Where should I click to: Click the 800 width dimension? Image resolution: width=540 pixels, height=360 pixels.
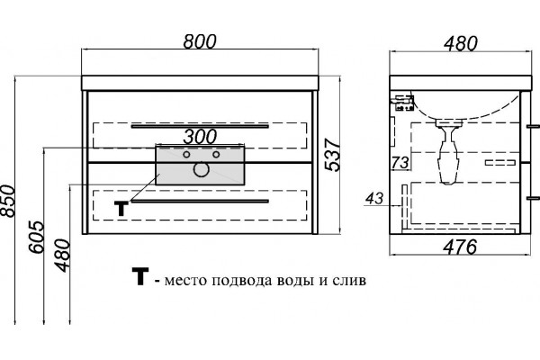click(200, 41)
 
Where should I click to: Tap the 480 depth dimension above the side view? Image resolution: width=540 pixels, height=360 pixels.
click(461, 43)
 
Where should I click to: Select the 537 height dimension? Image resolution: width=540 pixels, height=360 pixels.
click(333, 155)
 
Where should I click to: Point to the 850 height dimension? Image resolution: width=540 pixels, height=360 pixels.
click(8, 202)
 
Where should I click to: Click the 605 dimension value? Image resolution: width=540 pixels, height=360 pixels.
click(37, 237)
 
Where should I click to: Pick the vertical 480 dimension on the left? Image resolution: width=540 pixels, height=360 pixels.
click(62, 256)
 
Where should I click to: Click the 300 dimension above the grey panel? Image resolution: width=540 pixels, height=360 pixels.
click(200, 137)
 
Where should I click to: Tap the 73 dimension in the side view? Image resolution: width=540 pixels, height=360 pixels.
click(400, 162)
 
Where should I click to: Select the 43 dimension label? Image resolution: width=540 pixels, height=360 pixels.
click(374, 199)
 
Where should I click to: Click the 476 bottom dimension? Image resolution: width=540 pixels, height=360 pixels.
click(460, 247)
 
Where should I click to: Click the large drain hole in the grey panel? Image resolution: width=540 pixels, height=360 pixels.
click(201, 169)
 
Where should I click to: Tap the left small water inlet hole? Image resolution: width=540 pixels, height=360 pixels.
click(186, 155)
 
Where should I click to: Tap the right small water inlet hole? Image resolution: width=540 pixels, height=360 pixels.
click(216, 155)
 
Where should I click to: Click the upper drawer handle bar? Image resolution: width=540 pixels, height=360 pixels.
click(200, 126)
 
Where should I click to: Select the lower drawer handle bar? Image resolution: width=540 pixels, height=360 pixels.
click(200, 202)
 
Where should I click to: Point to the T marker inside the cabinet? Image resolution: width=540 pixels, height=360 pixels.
click(121, 209)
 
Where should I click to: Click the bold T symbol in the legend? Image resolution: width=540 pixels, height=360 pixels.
click(140, 276)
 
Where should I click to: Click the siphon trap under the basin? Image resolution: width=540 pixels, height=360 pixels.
click(448, 151)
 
